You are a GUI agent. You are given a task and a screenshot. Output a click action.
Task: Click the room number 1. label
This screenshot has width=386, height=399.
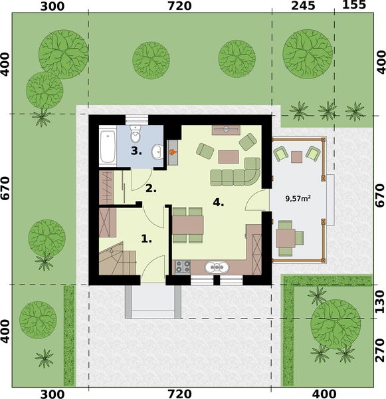click(x=147, y=237)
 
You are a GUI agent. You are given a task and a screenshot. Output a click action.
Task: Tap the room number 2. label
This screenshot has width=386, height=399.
click(x=151, y=188)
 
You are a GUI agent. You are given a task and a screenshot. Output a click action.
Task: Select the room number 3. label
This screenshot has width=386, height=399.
click(x=136, y=151)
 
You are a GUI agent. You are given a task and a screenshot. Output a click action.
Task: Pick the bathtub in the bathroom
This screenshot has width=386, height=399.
click(x=108, y=147)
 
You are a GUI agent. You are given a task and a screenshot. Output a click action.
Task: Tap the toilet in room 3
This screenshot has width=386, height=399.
click(x=136, y=136)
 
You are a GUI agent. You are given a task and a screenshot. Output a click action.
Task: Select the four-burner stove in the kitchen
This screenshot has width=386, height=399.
click(x=183, y=267)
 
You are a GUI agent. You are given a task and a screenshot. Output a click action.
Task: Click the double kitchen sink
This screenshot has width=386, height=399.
click(x=217, y=267)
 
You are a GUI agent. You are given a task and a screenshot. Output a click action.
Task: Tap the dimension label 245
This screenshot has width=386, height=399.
click(x=302, y=7)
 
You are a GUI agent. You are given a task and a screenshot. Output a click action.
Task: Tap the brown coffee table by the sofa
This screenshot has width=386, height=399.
click(x=229, y=156)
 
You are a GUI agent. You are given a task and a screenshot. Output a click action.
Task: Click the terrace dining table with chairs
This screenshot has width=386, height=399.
click(x=286, y=237)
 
